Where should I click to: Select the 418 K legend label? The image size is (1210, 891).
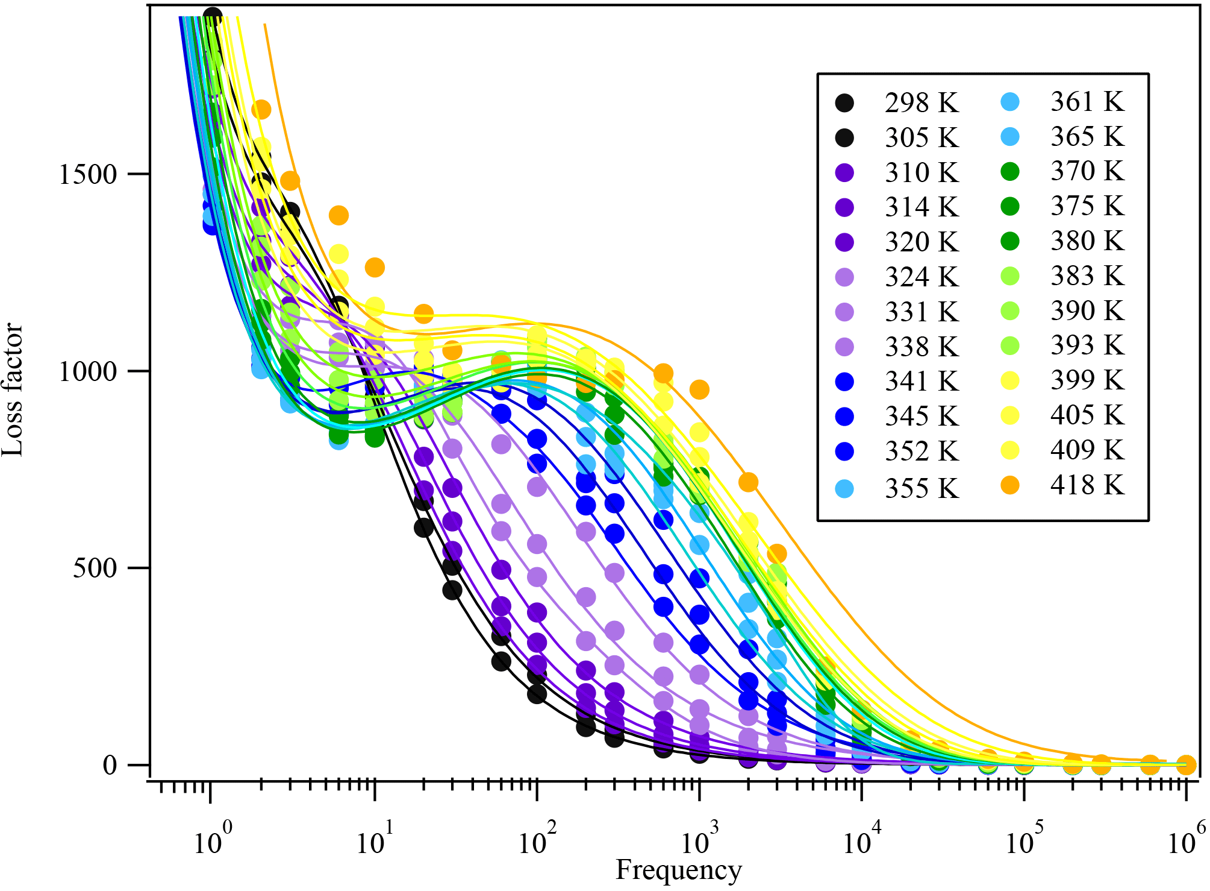click(1087, 485)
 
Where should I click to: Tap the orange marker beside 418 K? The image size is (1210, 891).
click(1010, 485)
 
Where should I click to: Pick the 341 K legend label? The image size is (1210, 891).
click(922, 382)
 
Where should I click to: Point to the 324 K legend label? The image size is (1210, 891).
click(922, 277)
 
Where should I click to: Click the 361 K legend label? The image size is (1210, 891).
click(1087, 102)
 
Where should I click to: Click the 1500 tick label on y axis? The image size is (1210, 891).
click(88, 175)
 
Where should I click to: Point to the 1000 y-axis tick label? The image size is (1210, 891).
click(88, 371)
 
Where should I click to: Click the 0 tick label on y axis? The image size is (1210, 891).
click(110, 765)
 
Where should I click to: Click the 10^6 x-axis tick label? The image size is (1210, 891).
click(1185, 840)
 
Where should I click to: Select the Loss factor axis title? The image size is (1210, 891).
click(13, 390)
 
